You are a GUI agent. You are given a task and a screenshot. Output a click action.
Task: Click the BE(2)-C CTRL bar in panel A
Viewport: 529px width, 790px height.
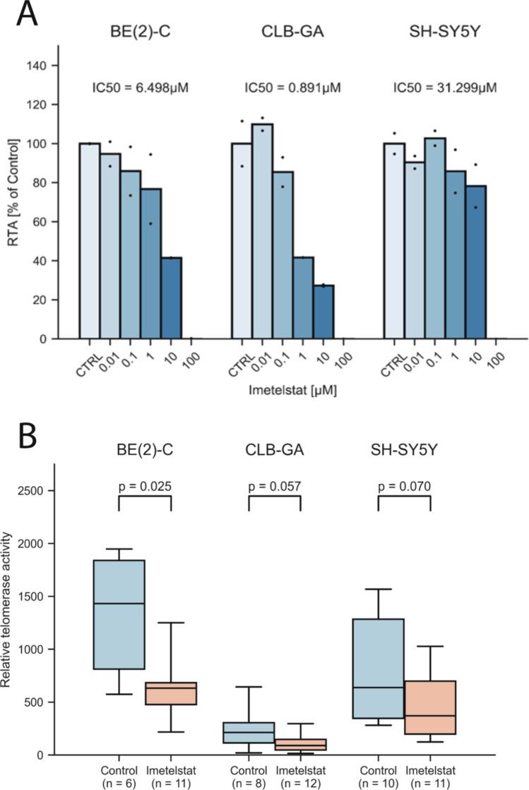pos(89,241)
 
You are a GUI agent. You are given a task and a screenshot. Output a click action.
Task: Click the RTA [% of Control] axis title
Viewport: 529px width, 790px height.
pos(13,201)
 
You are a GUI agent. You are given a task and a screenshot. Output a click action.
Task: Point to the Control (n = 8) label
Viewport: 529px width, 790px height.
pos(249,776)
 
